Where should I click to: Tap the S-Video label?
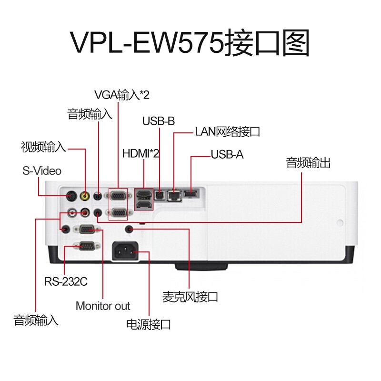point(41,170)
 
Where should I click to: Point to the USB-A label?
point(227,155)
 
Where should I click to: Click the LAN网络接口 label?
point(228,132)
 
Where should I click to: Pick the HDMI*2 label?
point(140,154)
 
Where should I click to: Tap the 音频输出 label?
point(308,163)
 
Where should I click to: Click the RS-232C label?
point(66,281)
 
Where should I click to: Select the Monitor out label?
point(103,306)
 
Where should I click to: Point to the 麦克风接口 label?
point(190,298)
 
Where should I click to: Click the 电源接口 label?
point(148,325)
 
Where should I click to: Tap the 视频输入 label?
point(43,147)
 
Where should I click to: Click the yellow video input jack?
point(85,195)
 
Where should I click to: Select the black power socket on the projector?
point(125,251)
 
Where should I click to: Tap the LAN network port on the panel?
point(175,194)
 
